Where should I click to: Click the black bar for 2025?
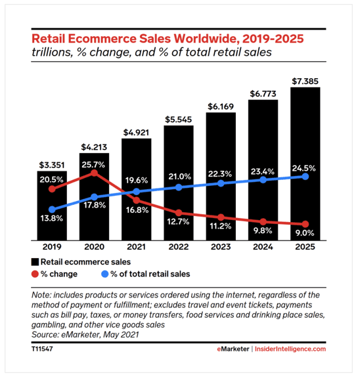(305, 164)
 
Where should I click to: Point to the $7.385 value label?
(305, 81)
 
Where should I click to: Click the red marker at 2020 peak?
(95, 173)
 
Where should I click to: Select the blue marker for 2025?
(305, 176)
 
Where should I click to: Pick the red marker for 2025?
(305, 224)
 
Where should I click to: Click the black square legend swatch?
(35, 262)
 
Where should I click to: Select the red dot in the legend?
(35, 274)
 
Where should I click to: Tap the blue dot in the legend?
(104, 274)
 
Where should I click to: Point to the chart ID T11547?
(43, 349)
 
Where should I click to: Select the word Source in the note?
(47, 334)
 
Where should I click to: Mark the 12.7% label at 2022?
(179, 221)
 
